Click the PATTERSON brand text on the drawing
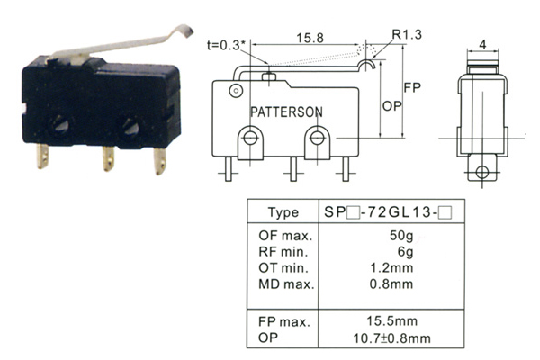(286, 112)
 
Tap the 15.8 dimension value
(310, 38)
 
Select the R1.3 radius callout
(407, 34)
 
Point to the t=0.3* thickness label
(227, 45)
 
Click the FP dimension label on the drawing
(412, 88)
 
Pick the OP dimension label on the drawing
(391, 106)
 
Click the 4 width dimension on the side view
(482, 45)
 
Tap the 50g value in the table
(401, 236)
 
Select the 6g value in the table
(405, 252)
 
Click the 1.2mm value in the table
(391, 267)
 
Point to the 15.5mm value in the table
(391, 321)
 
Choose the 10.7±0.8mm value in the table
(391, 338)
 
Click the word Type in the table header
(283, 212)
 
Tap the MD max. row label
(286, 284)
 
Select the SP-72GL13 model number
(388, 212)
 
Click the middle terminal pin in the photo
(108, 158)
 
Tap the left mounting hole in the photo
(59, 126)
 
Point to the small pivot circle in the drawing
(236, 91)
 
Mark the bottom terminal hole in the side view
(482, 172)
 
